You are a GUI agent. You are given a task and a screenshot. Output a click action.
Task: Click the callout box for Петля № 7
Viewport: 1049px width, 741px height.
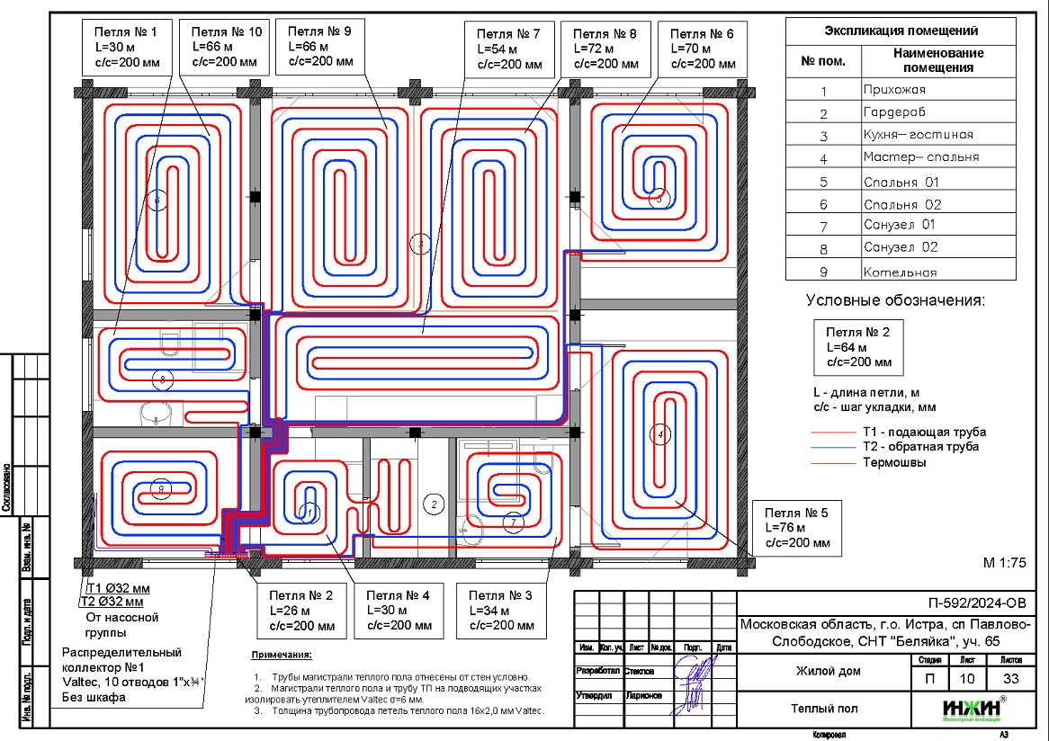[509, 50]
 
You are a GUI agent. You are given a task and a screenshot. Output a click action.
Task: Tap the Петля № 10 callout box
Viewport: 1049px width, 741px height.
[224, 47]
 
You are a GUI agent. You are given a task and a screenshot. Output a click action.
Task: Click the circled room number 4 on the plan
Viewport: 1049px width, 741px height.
[660, 435]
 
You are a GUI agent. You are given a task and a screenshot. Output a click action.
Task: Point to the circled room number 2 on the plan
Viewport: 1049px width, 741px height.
[435, 504]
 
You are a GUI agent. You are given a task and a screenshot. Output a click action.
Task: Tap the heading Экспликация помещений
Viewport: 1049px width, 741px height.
[901, 31]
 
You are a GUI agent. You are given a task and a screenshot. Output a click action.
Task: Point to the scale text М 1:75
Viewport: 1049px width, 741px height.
[1004, 563]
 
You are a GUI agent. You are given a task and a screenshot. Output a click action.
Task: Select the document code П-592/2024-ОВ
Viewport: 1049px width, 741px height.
[974, 603]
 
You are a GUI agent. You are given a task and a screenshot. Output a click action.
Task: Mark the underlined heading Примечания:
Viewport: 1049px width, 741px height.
[282, 655]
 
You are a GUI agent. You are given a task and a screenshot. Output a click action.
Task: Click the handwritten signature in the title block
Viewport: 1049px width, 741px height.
[694, 684]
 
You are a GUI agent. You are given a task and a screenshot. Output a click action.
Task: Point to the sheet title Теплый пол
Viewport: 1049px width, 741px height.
[825, 709]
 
